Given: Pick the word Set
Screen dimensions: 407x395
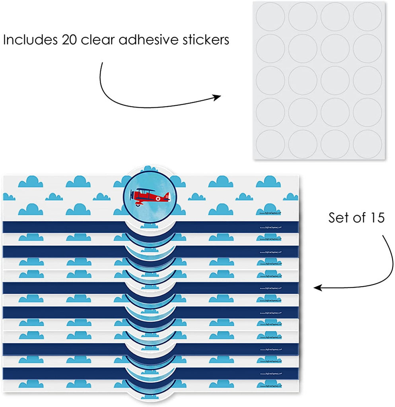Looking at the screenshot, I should pyautogui.click(x=338, y=218).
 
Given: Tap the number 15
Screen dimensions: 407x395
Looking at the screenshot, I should pyautogui.click(x=376, y=218).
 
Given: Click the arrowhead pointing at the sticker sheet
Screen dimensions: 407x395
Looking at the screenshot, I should pyautogui.click(x=218, y=97).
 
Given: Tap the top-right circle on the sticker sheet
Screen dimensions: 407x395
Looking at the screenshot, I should pyautogui.click(x=368, y=17).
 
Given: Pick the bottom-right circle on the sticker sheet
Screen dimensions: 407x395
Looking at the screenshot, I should pyautogui.click(x=368, y=144).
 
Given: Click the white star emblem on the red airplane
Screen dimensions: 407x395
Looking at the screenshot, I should pyautogui.click(x=158, y=196).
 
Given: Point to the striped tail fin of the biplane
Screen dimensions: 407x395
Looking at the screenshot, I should pyautogui.click(x=167, y=196).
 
